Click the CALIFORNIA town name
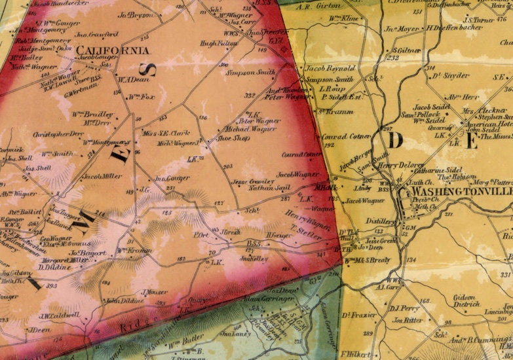tap(113, 50)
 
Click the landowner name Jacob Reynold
tap(331, 68)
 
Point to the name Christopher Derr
tap(58, 133)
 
